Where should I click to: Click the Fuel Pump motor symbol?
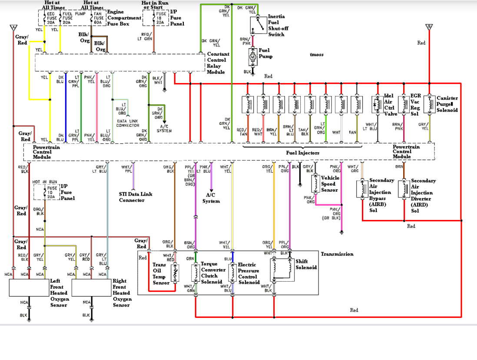point(253,55)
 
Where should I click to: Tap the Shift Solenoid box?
point(282,270)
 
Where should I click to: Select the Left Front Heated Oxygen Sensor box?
point(29,287)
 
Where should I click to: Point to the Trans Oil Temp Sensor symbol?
point(175,273)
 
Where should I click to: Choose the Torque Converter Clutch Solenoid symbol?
point(195,273)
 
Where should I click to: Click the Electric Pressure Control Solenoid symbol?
point(232,273)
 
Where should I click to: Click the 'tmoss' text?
point(316,54)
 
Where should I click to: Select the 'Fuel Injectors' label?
point(302,153)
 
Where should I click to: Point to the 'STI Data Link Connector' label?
point(138,197)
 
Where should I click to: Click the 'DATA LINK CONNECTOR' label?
point(128,123)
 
